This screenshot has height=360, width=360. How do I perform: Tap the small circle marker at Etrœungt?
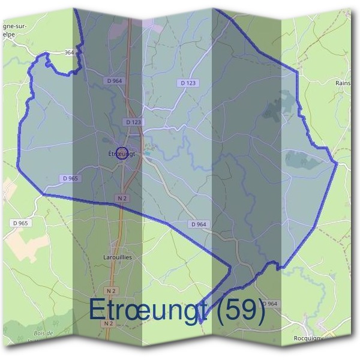point(122,154)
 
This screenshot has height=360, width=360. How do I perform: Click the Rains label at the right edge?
point(343,83)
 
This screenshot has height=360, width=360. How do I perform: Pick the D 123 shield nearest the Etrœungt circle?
point(134,122)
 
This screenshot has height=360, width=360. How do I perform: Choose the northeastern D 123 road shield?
point(188,82)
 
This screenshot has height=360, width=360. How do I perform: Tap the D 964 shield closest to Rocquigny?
point(269,304)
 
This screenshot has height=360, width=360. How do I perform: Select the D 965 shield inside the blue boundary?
point(70,179)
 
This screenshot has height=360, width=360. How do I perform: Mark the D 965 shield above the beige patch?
point(19,223)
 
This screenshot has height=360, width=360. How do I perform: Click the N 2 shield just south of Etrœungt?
point(122,197)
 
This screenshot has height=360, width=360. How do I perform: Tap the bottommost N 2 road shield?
point(108,323)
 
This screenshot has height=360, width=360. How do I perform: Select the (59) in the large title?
point(240,310)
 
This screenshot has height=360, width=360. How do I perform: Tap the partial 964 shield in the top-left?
point(68,53)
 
